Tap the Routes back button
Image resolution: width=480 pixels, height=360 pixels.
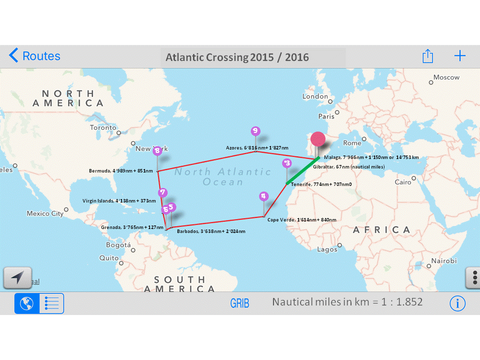[x=35, y=56]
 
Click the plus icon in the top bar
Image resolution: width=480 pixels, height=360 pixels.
[x=459, y=55]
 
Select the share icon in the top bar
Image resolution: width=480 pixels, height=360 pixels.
[x=427, y=56]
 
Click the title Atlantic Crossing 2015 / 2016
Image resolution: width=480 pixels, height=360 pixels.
[x=237, y=57]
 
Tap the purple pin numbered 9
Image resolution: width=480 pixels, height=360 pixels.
[x=255, y=131]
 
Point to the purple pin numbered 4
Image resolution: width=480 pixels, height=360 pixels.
[x=264, y=196]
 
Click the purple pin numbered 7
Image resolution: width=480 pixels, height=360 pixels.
[x=162, y=192]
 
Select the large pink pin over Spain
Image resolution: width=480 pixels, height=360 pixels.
[x=318, y=139]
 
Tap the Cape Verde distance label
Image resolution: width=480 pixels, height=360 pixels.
[x=301, y=219]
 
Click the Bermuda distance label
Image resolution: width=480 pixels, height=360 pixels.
[x=120, y=170]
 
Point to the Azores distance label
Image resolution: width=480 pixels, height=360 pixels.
[x=257, y=148]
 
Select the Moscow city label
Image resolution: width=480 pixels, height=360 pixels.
[x=446, y=77]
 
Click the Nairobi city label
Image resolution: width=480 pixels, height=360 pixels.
[x=444, y=261]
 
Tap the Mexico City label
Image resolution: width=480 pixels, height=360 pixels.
[x=45, y=213]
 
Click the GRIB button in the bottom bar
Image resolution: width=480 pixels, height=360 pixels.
[x=239, y=303]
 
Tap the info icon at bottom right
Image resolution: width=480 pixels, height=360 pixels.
[x=457, y=303]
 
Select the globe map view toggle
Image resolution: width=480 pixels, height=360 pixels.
[x=27, y=303]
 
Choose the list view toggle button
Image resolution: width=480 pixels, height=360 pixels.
[x=51, y=303]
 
